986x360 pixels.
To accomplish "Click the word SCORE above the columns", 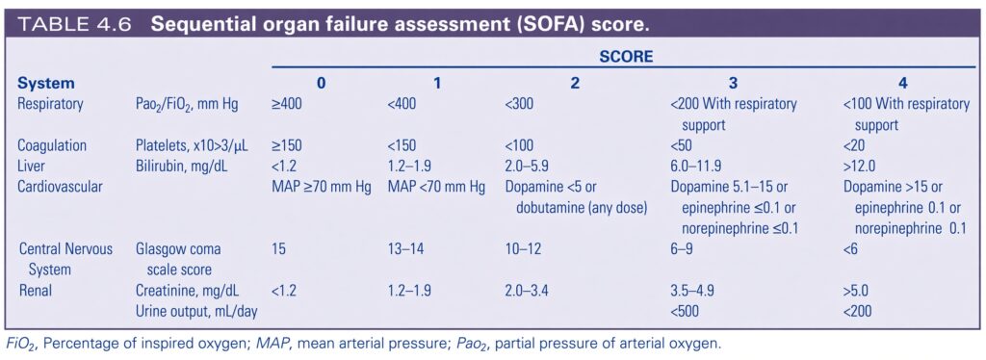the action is [626, 57].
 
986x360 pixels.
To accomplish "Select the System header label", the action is [46, 83].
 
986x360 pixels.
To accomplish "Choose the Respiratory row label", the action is [50, 104].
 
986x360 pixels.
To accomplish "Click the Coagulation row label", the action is [52, 145].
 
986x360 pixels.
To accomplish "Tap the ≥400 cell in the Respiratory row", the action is [287, 104].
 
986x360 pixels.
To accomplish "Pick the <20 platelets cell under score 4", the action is [855, 145].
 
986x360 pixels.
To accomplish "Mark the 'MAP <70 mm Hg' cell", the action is [436, 188].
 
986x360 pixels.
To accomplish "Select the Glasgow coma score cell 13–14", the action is [406, 249].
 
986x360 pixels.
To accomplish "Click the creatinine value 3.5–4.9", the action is [692, 291].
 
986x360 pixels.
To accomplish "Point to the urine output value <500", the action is [685, 312].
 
